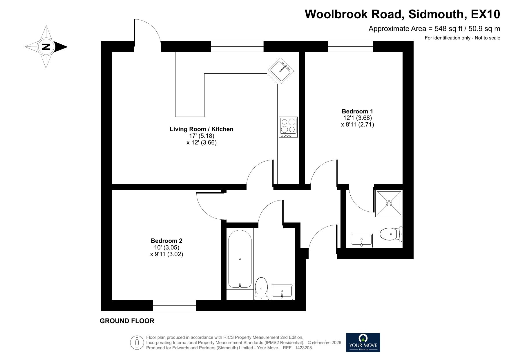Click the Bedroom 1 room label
(357, 111)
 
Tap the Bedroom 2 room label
(166, 241)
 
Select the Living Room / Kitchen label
(202, 129)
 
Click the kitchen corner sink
(281, 70)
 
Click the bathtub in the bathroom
(240, 259)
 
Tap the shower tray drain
(389, 203)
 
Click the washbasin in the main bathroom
(282, 292)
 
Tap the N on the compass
(46, 47)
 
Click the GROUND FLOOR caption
(127, 321)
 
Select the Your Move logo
(363, 342)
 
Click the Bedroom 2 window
(175, 306)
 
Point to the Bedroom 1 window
(350, 46)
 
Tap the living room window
(237, 46)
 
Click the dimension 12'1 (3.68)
(357, 118)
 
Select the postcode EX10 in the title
(486, 14)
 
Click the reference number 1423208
(303, 348)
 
